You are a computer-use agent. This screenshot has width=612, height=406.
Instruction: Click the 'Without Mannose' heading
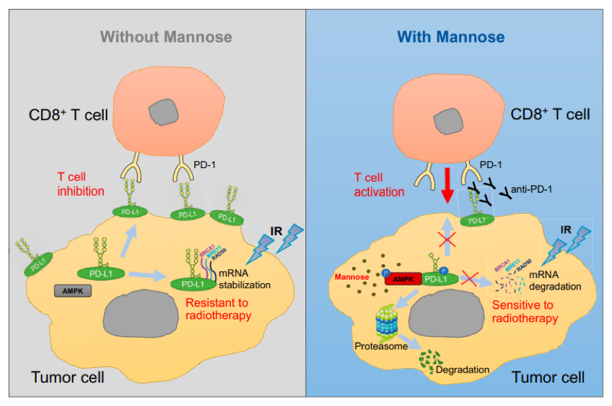[x=166, y=36]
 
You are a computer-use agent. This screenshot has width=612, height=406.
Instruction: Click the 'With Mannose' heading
[x=450, y=36]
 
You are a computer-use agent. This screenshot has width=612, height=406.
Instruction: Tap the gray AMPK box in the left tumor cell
[x=73, y=290]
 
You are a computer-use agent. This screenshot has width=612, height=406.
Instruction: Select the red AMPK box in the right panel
[x=403, y=280]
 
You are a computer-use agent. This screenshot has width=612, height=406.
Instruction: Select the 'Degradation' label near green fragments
[x=463, y=369]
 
